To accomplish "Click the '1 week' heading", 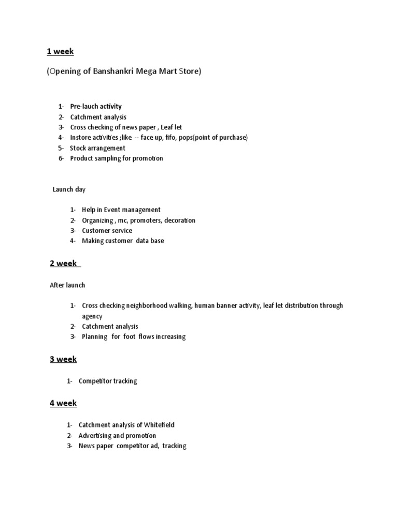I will coord(61,51).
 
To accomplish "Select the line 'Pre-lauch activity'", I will coord(96,107).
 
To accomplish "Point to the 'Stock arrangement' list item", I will coord(97,148).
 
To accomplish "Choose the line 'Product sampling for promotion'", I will coord(117,158).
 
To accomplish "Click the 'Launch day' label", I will coord(69,189).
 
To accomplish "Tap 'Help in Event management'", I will coord(121,210).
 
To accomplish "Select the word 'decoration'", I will coord(180,220).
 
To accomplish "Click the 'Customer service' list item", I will coord(107,231).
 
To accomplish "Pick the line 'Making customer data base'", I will coord(123,241).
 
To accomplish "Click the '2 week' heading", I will coord(63,263).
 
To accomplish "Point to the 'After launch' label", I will coord(67,285).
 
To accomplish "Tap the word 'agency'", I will coord(92,316).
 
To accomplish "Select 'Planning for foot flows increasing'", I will coord(133,337).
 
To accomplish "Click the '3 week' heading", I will coord(63,359).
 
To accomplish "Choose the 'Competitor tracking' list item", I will coord(108,381).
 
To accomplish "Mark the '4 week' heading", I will coord(63,403).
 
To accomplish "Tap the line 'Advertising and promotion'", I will coord(117,435).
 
